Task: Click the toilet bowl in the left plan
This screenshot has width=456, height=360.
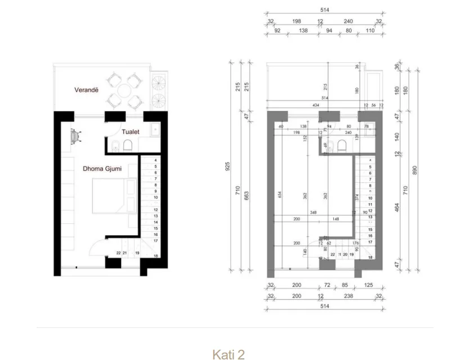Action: coord(128,147)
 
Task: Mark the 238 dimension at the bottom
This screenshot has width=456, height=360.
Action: coord(350,296)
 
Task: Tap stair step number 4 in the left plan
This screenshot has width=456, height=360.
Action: coord(155,160)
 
